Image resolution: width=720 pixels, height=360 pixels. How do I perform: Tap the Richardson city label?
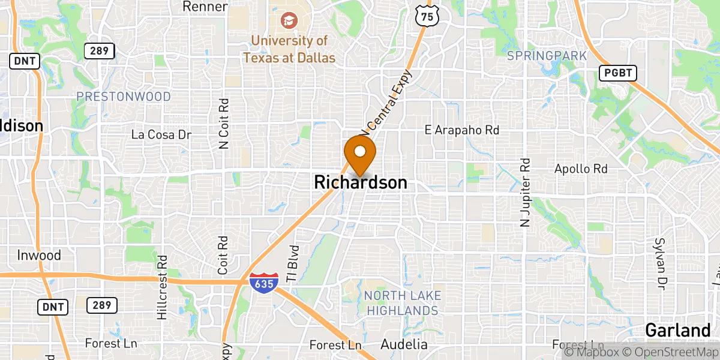[360, 182]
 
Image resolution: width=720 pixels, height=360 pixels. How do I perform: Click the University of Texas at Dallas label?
[289, 49]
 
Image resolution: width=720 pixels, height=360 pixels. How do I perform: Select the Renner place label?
[205, 7]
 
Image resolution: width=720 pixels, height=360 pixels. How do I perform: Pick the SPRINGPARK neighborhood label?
[546, 56]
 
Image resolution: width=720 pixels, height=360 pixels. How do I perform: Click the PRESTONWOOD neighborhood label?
[124, 97]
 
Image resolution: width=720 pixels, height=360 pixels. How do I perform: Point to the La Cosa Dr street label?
[161, 134]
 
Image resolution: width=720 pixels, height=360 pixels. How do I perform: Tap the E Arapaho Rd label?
[462, 130]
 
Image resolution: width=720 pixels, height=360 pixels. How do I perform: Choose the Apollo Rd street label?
[581, 169]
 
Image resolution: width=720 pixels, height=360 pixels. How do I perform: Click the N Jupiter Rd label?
[526, 192]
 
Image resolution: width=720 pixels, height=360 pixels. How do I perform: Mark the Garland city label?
[678, 331]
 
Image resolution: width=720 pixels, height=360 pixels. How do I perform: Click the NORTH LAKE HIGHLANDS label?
[403, 303]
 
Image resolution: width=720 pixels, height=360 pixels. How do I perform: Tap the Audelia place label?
[404, 344]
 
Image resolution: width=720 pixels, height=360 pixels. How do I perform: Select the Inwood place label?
[38, 256]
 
